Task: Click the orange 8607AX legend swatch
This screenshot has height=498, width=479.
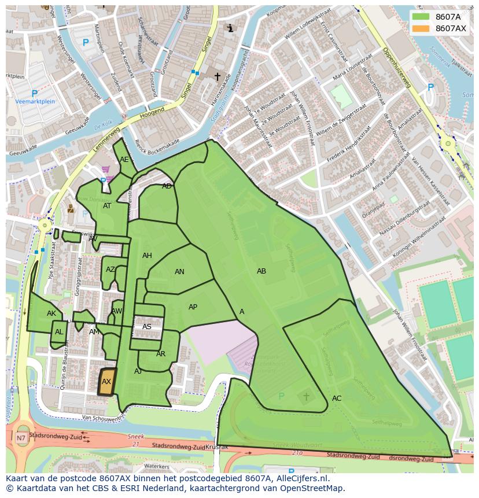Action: coord(421,28)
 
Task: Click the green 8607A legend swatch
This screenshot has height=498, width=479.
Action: coord(421,17)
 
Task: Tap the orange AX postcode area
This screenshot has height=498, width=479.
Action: coord(107,382)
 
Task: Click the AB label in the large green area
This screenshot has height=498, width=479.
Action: coord(261,271)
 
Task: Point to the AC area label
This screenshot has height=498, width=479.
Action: coord(337,398)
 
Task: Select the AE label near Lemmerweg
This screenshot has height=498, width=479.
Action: coord(124,160)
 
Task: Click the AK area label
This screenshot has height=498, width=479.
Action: coord(51,313)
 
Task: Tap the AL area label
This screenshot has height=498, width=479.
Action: coord(59,332)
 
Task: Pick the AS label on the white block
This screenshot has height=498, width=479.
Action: coord(147,327)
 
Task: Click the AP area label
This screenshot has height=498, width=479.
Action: coord(193,307)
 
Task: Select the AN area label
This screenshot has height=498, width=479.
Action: coord(179,272)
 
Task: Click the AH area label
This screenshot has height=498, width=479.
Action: coord(147,256)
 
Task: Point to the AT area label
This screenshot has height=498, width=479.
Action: coord(107,206)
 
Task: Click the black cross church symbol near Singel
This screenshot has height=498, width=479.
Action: coord(218,76)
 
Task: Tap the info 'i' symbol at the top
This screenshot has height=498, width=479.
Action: coord(230,28)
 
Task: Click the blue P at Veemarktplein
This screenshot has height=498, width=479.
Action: coord(34,93)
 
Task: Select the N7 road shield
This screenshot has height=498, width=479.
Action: coord(21,438)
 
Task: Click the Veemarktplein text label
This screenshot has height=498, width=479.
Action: coord(35,102)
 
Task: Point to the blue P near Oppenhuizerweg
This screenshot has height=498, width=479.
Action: coord(430,87)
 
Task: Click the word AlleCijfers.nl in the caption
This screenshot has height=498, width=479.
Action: coord(300,478)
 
